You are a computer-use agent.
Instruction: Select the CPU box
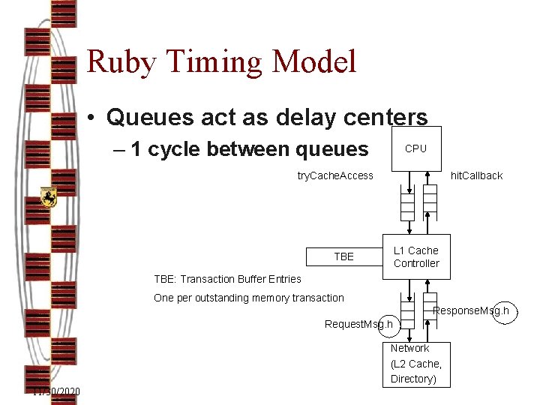[x=415, y=148]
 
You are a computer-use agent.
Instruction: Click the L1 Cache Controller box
[x=416, y=256]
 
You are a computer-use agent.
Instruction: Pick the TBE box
[x=343, y=256]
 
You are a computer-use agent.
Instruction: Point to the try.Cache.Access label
[x=334, y=175]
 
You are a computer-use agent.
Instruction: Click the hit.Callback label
[x=476, y=175]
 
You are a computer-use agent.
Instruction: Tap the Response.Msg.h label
[x=471, y=310]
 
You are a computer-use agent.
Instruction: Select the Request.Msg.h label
[x=358, y=324]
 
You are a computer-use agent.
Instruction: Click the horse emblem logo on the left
[x=49, y=197]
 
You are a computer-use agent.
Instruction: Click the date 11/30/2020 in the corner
[x=57, y=392]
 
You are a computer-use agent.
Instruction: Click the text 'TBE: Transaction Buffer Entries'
[x=227, y=279]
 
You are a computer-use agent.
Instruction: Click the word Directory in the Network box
[x=412, y=379]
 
